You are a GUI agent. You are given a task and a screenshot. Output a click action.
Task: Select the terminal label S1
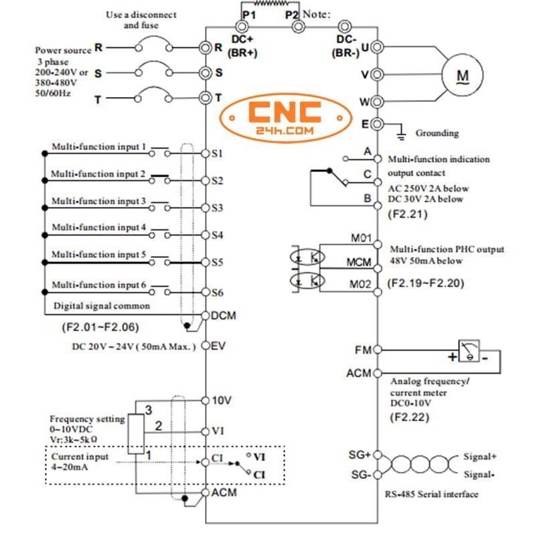tap(217, 153)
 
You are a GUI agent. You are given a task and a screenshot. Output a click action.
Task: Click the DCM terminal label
tap(223, 315)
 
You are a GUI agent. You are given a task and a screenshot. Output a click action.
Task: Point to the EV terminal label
tap(219, 346)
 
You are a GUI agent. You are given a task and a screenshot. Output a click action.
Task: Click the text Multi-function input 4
tap(98, 227)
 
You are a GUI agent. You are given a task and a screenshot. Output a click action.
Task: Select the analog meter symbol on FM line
tap(472, 350)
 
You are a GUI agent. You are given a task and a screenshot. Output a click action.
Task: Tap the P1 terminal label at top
tap(249, 14)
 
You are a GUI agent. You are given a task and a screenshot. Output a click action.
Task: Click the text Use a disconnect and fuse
tap(141, 20)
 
